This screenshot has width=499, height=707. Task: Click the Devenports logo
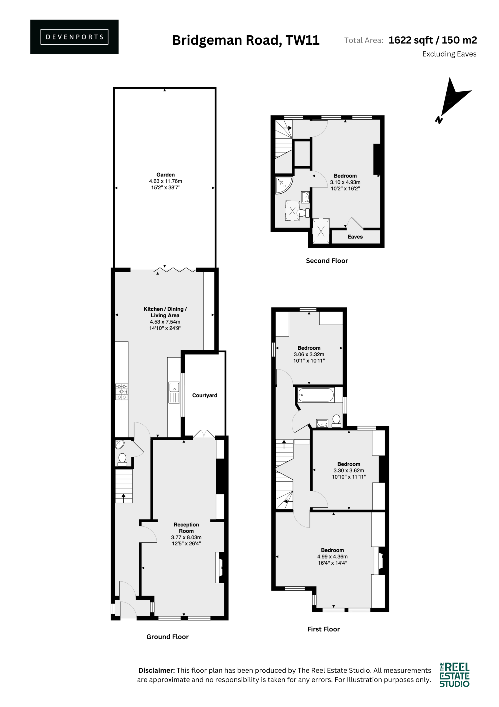click(74, 37)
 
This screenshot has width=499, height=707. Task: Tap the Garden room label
click(165, 175)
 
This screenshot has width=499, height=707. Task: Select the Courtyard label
click(205, 395)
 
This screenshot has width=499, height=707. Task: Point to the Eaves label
click(355, 237)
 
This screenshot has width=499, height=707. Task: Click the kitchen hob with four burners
click(122, 392)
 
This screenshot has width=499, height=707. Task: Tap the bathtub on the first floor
click(316, 395)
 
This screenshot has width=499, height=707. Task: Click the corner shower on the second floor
click(284, 185)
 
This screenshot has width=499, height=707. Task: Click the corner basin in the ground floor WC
click(120, 444)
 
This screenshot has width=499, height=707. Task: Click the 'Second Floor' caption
click(327, 261)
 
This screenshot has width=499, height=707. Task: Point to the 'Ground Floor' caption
click(167, 637)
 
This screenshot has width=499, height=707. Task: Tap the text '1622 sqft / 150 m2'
click(433, 40)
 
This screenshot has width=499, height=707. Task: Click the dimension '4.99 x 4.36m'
click(332, 556)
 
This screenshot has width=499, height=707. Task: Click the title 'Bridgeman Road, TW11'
click(246, 40)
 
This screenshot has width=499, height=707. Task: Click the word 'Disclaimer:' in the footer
click(157, 670)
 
